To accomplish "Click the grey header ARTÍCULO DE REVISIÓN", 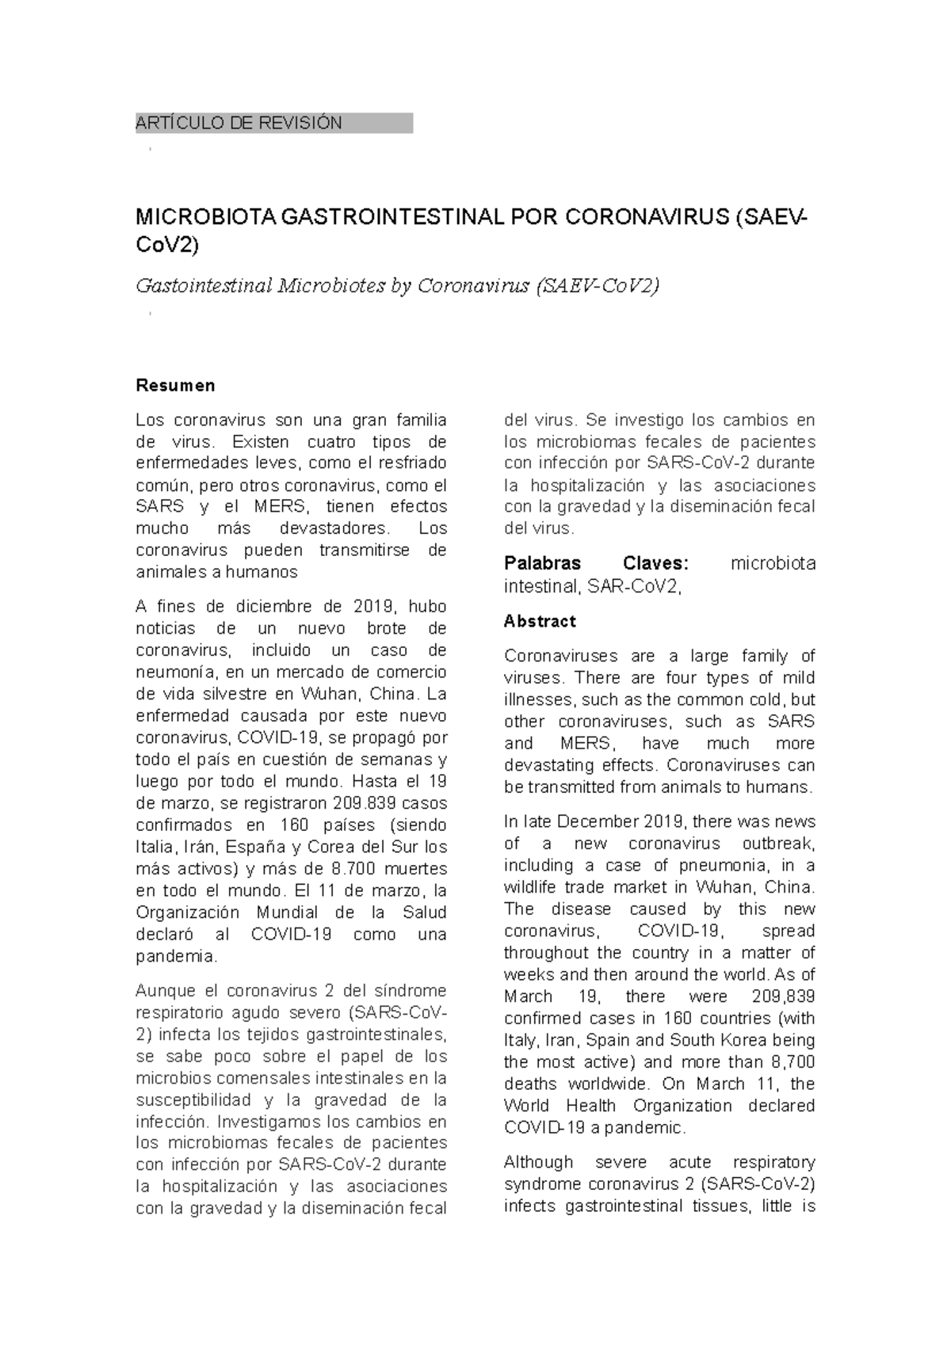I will pos(239,124).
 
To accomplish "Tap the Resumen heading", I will pos(175,386).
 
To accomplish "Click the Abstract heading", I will pos(540,621).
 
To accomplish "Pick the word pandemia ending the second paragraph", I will pos(175,956).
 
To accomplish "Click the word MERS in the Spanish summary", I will pos(273,507).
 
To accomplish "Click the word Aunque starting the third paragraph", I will pos(164,991).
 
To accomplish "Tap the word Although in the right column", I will pos(538,1162).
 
